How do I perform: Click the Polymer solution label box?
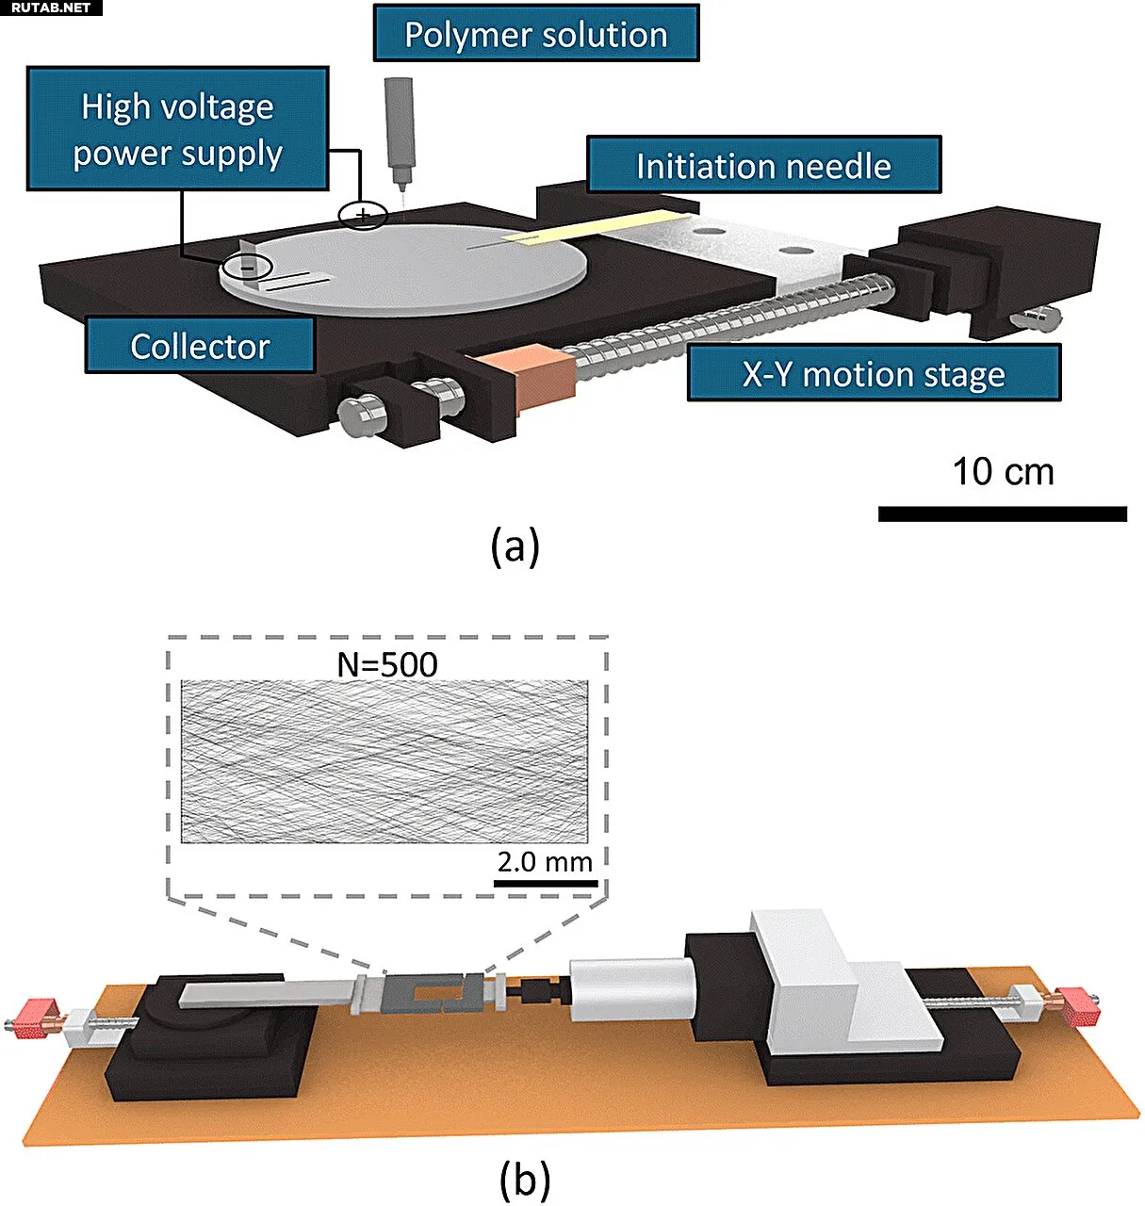click(x=535, y=35)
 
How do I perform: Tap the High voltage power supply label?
click(x=177, y=129)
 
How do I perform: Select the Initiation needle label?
click(x=762, y=166)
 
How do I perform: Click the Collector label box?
click(x=200, y=346)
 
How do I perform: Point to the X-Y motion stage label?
click(x=874, y=374)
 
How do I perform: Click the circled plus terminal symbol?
click(x=363, y=216)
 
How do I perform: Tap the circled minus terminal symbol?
click(x=246, y=268)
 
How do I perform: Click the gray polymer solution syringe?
click(x=396, y=132)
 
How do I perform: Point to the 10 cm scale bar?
click(x=1002, y=513)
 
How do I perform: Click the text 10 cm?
click(x=1003, y=472)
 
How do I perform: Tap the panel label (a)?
click(x=515, y=546)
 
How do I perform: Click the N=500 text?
click(x=387, y=664)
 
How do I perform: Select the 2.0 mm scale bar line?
click(x=546, y=884)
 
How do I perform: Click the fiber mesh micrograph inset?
click(x=384, y=761)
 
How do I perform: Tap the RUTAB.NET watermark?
click(x=51, y=8)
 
